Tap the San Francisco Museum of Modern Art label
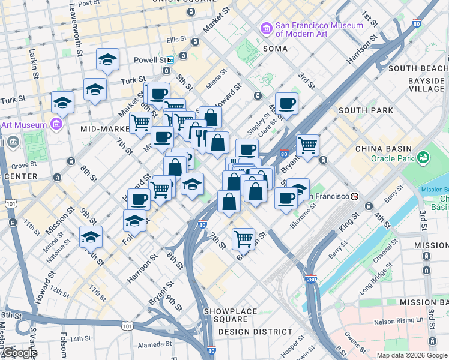click(319, 30)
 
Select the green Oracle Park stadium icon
click(423, 157)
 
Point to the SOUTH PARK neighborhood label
click(366, 110)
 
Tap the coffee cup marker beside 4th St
click(287, 104)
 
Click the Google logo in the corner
click(19, 353)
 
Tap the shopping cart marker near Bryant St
click(307, 145)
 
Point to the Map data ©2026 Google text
click(412, 355)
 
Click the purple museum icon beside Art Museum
click(57, 124)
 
